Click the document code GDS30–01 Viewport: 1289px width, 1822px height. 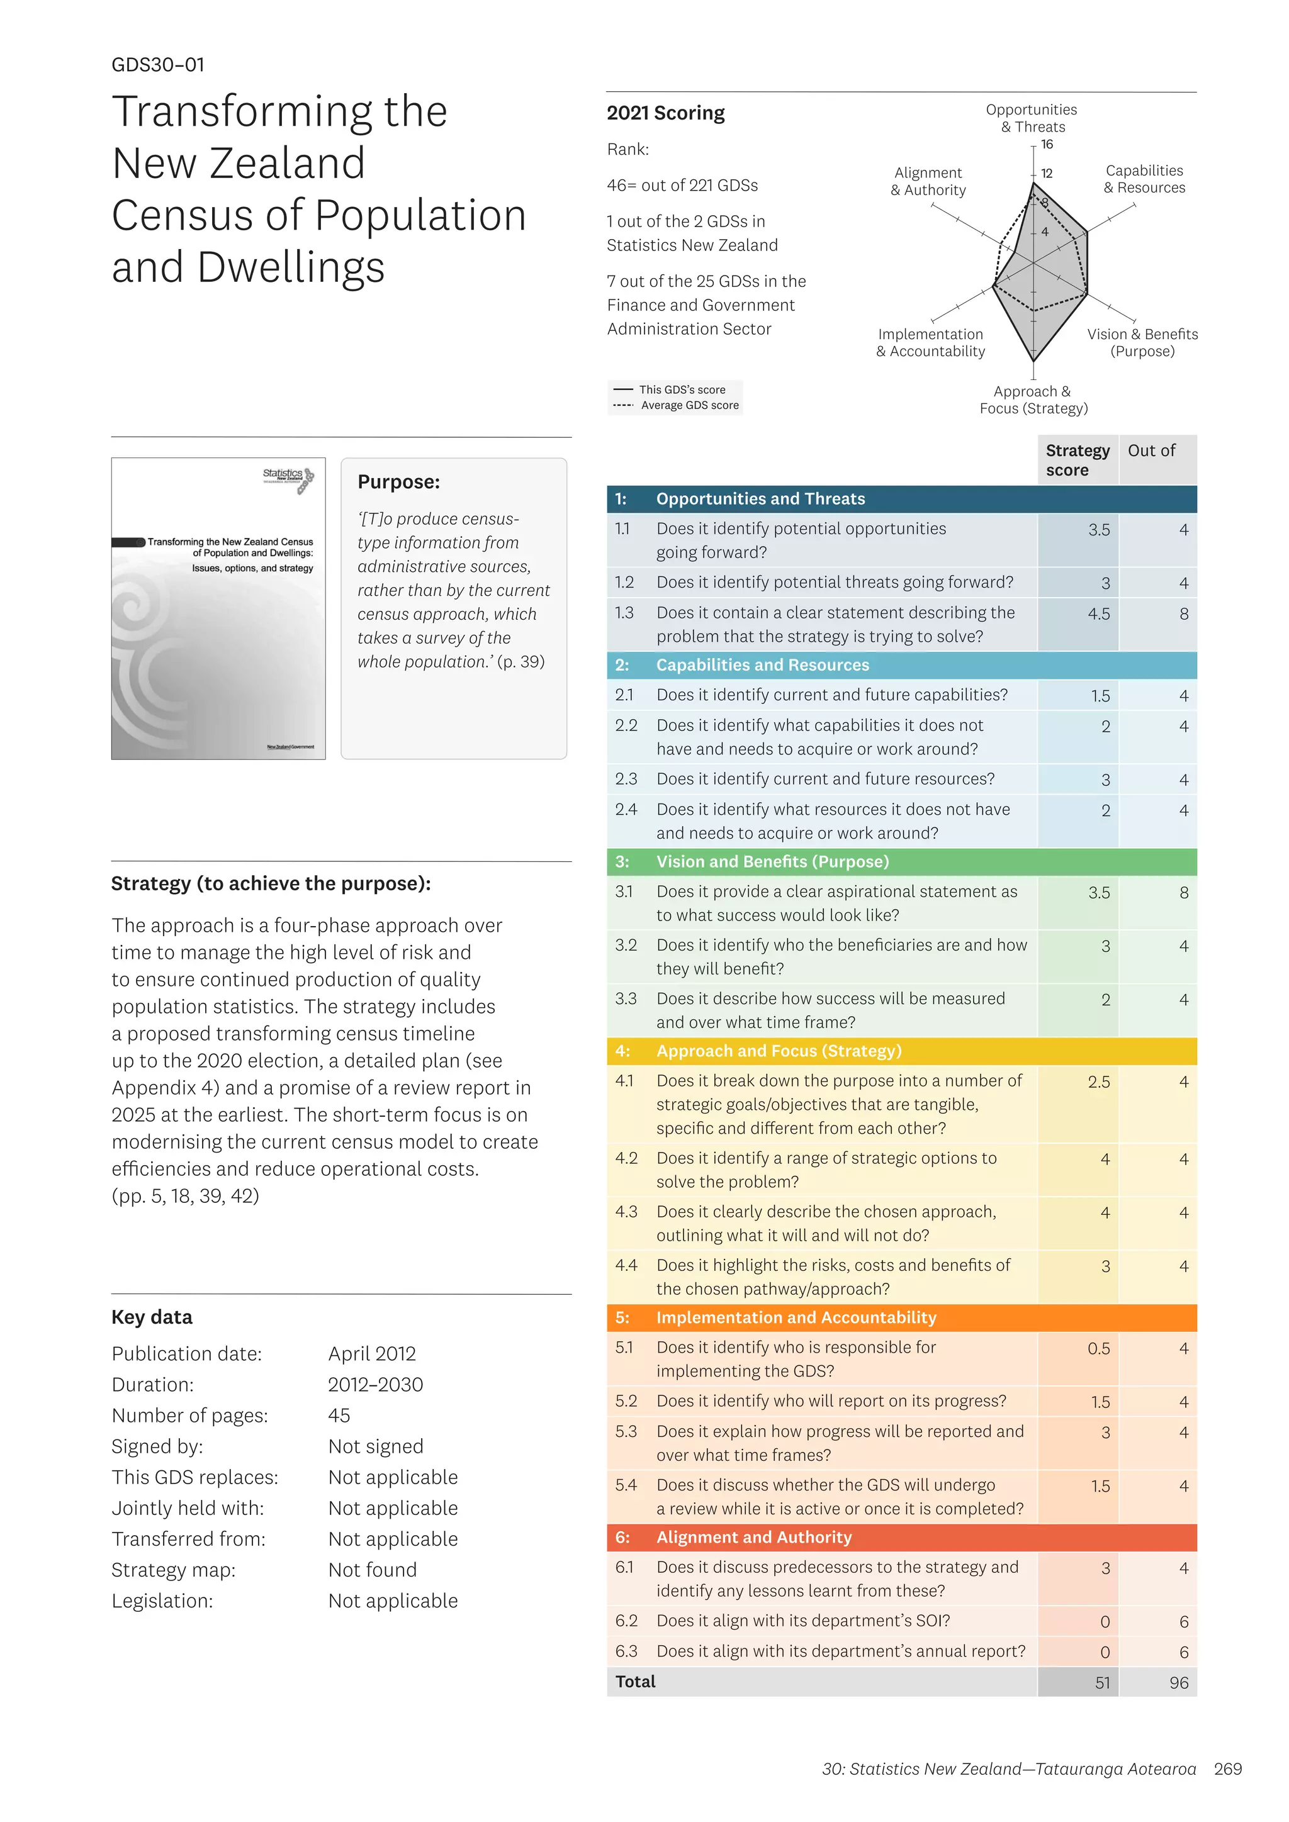point(158,65)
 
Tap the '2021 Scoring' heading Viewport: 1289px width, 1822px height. point(665,113)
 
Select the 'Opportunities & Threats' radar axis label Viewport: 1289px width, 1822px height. point(1031,118)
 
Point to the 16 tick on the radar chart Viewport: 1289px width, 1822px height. point(1047,145)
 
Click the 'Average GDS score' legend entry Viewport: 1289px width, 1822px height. point(689,406)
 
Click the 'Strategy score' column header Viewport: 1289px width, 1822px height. point(1077,461)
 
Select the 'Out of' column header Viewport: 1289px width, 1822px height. point(1151,450)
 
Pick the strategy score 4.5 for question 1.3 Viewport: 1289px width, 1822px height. point(1098,614)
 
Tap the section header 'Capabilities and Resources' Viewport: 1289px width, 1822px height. point(762,665)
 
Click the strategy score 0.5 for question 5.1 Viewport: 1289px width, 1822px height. point(1098,1349)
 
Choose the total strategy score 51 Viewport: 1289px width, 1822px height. point(1103,1683)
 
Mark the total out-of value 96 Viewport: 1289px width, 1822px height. point(1179,1683)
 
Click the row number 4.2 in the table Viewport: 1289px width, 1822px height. point(626,1159)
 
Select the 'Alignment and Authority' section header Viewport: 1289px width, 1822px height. point(753,1537)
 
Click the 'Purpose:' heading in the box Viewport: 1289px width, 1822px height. point(398,483)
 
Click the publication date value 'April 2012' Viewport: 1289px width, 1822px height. point(371,1354)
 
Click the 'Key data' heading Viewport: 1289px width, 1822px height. point(152,1317)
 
